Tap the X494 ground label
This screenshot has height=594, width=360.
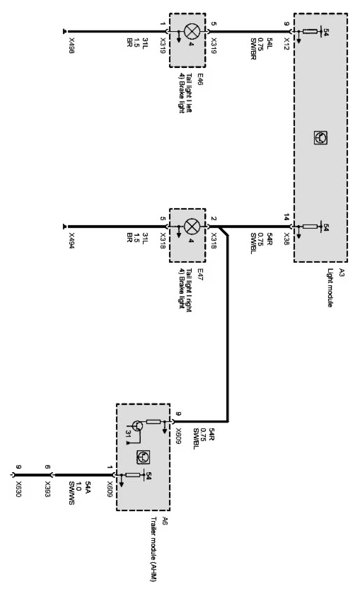72,241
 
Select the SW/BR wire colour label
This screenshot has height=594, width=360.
253,49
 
